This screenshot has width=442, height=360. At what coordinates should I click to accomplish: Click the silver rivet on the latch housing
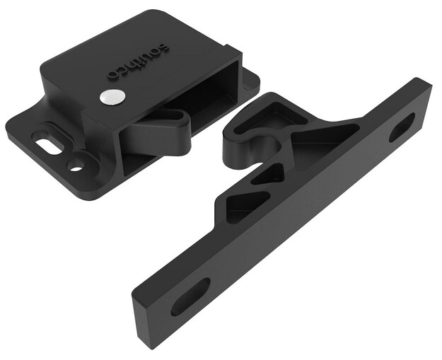[x=112, y=97]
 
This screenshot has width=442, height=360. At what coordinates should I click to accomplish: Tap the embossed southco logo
[x=138, y=60]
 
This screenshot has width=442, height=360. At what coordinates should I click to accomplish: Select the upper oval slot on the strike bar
[x=402, y=127]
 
